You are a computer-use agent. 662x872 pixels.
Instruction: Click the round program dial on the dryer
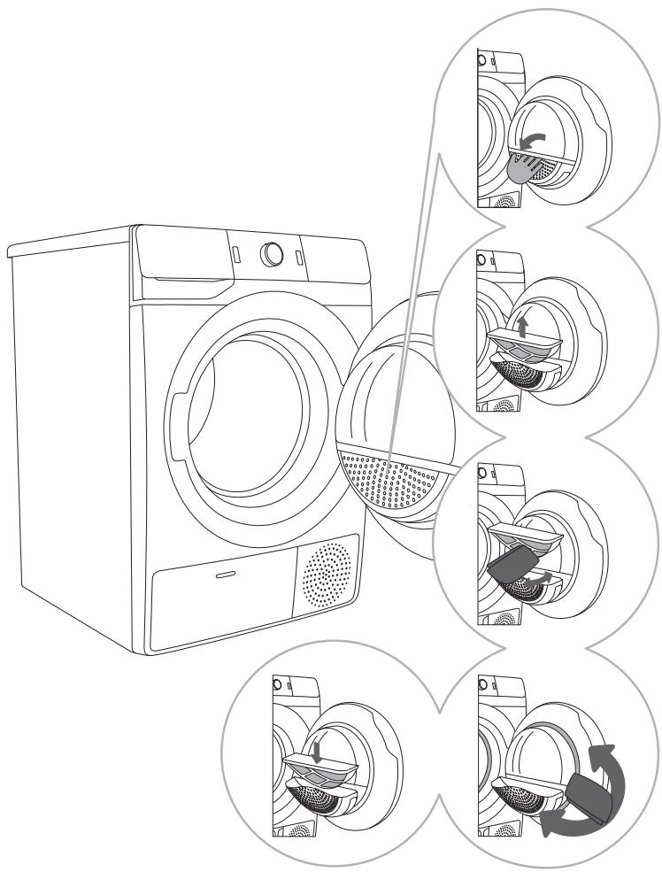(x=273, y=254)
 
